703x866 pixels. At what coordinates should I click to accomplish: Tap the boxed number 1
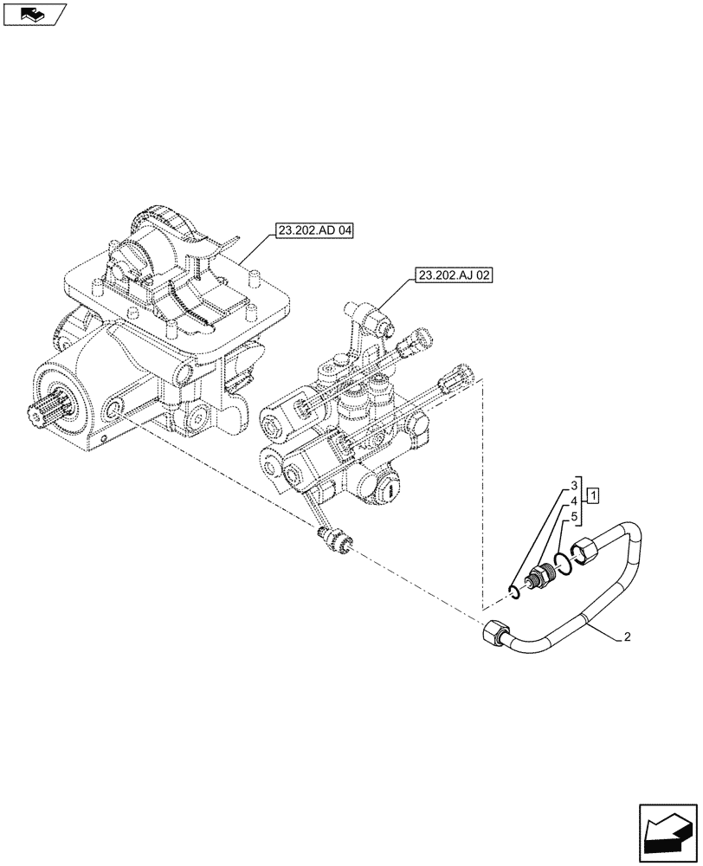tap(593, 496)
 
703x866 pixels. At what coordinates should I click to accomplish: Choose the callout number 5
tap(574, 517)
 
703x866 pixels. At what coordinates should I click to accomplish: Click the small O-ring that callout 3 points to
tap(514, 591)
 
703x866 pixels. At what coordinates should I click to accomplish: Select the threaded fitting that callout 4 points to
tap(541, 576)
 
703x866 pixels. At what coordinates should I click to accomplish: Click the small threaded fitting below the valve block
tap(333, 539)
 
